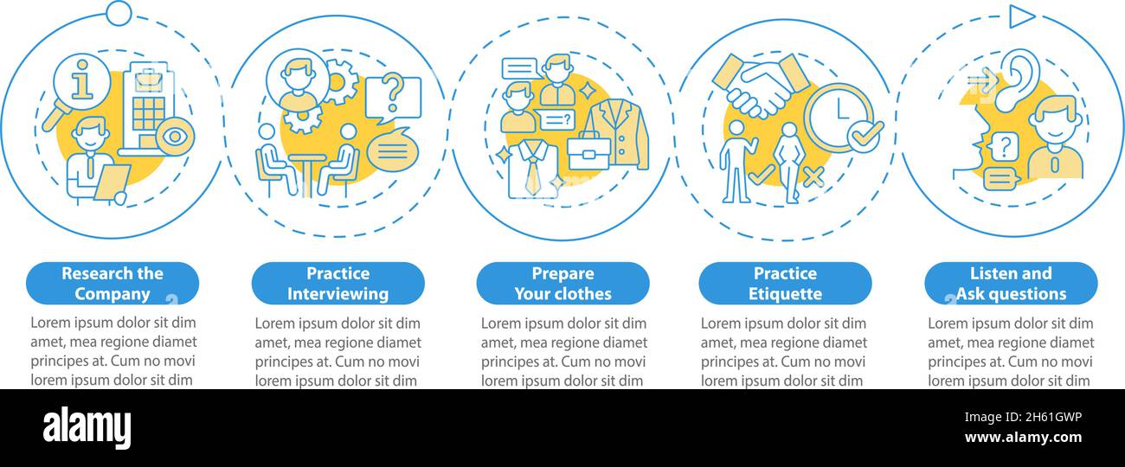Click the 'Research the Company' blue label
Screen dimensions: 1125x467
[112, 283]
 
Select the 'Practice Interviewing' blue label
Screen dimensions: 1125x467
[338, 283]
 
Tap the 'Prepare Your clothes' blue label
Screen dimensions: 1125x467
[563, 283]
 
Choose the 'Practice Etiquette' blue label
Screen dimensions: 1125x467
[785, 283]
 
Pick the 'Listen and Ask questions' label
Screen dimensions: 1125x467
[1011, 283]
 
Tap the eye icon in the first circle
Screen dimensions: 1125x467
[174, 137]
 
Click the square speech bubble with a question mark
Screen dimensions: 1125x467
[393, 99]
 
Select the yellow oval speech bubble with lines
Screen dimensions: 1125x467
[392, 149]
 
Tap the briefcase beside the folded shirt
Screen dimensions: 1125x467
[588, 151]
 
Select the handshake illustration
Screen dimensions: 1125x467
[761, 86]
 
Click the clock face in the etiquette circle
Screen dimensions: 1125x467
[838, 118]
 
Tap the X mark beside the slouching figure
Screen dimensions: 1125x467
[813, 176]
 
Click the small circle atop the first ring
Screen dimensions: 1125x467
[119, 13]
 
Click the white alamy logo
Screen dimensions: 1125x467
[87, 428]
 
